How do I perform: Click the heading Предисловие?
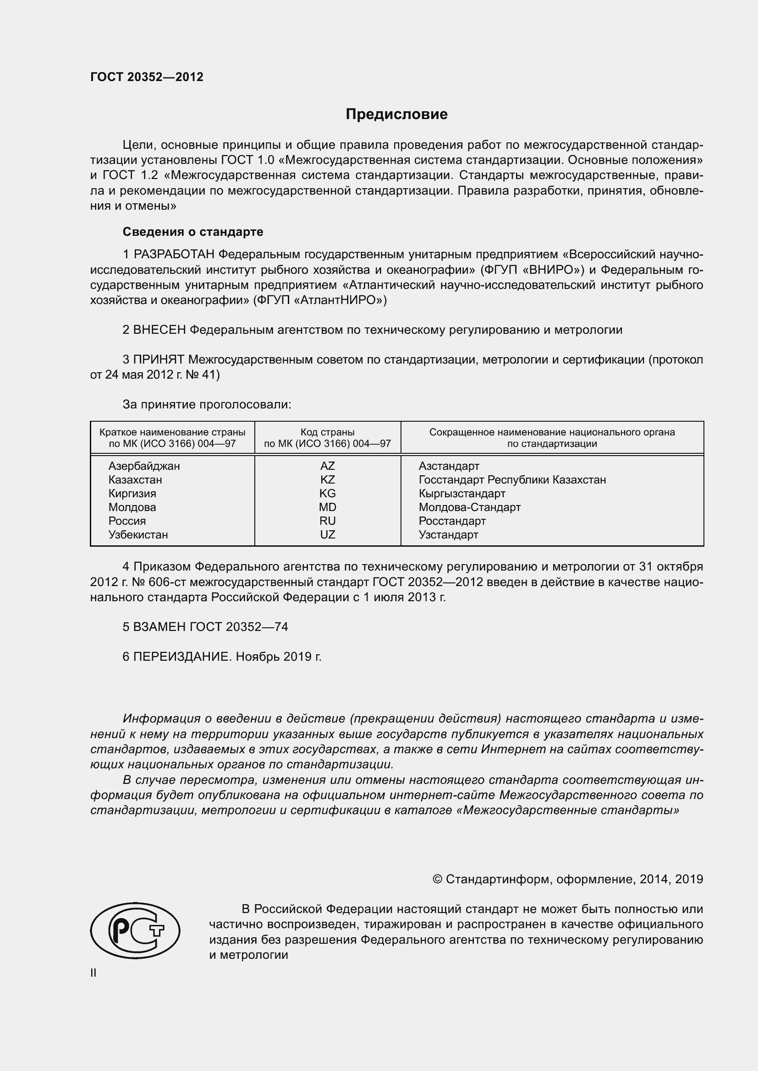[396, 114]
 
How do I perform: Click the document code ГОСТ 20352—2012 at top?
[147, 77]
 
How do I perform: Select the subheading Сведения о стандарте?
[193, 232]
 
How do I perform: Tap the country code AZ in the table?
[327, 466]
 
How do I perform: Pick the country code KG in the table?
[327, 494]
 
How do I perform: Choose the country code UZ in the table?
[327, 534]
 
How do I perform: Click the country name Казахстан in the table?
[135, 479]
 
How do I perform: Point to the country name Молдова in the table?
[132, 507]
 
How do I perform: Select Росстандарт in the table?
[452, 521]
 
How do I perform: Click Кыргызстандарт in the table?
[461, 494]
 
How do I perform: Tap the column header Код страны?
[327, 432]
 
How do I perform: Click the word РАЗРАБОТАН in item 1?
[174, 254]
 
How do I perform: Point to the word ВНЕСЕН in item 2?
[159, 330]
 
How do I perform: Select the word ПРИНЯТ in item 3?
[159, 359]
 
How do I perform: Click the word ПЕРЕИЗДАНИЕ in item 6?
[182, 656]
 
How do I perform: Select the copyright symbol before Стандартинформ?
[437, 879]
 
